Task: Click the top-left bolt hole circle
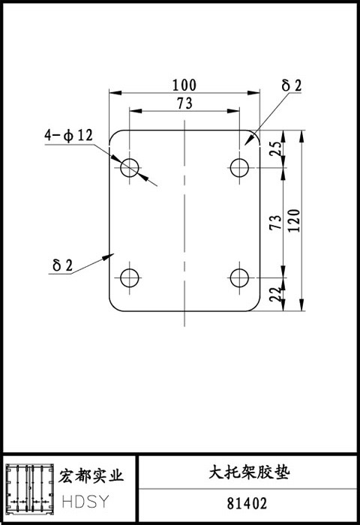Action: (121, 167)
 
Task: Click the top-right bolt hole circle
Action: (230, 167)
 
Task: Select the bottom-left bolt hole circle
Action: (121, 277)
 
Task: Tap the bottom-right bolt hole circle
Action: (230, 277)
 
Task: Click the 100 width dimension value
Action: (184, 85)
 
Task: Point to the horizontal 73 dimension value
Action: (184, 103)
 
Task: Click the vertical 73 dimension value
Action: (275, 222)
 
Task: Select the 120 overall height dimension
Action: (294, 220)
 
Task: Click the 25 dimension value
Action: (275, 149)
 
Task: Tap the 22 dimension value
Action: (275, 294)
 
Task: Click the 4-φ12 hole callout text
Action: (69, 136)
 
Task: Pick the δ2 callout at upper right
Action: (292, 85)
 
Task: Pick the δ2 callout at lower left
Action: (62, 265)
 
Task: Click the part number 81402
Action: (247, 503)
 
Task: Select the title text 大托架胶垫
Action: (249, 472)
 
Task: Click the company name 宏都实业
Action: (91, 475)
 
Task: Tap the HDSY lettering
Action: (85, 502)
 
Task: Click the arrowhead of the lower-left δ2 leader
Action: (109, 256)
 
